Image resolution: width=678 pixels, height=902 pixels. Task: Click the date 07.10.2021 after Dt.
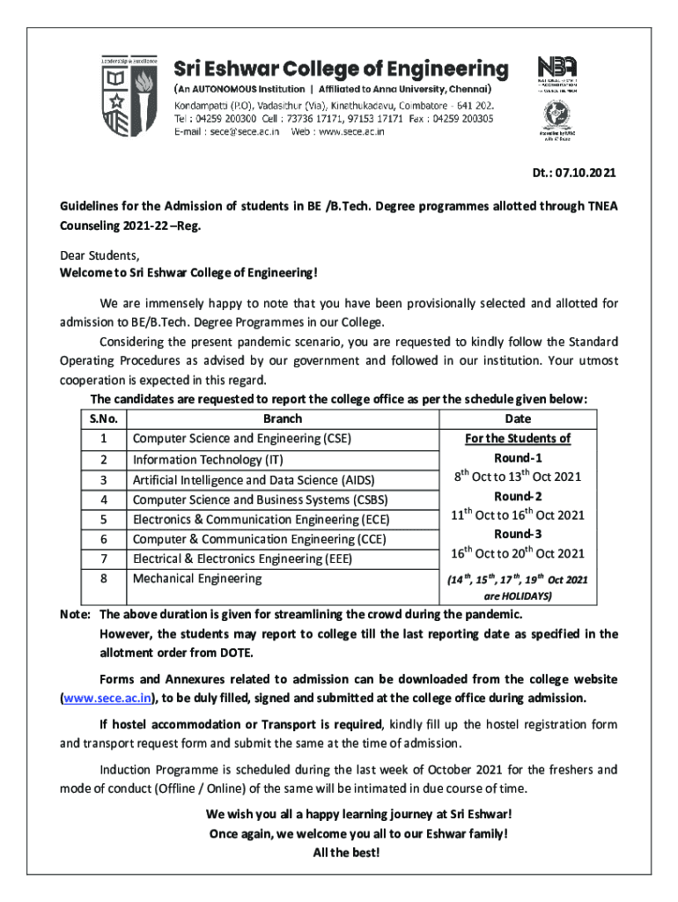tap(585, 174)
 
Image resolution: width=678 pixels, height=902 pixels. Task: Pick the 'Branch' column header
tap(282, 419)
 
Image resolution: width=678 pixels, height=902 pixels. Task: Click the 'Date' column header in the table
tap(518, 419)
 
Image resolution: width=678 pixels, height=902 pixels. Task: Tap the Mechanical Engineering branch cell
tap(197, 578)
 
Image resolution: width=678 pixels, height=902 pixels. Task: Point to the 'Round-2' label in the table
tap(518, 496)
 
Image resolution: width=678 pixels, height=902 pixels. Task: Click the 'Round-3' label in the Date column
tap(518, 534)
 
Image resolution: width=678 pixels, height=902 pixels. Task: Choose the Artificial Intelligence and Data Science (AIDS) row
tap(254, 479)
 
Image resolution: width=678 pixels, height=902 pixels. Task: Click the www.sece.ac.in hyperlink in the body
tap(107, 698)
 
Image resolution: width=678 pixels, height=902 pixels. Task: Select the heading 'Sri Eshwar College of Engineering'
tap(340, 69)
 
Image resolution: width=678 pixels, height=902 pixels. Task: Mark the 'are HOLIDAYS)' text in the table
tap(518, 596)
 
